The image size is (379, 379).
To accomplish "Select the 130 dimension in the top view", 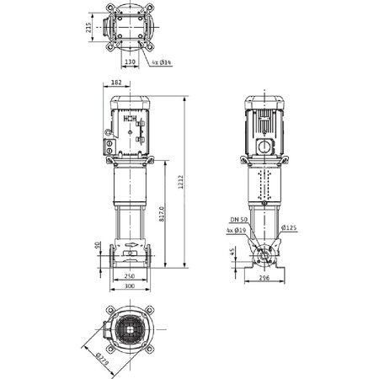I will click(x=129, y=61).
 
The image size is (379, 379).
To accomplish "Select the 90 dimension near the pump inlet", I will click(x=97, y=245).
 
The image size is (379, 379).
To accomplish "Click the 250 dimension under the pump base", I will click(x=129, y=276).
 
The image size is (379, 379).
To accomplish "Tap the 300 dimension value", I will click(x=129, y=286).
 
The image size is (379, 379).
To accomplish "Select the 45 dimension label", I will click(x=232, y=251).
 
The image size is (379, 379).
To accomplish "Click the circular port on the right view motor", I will click(x=264, y=147).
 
